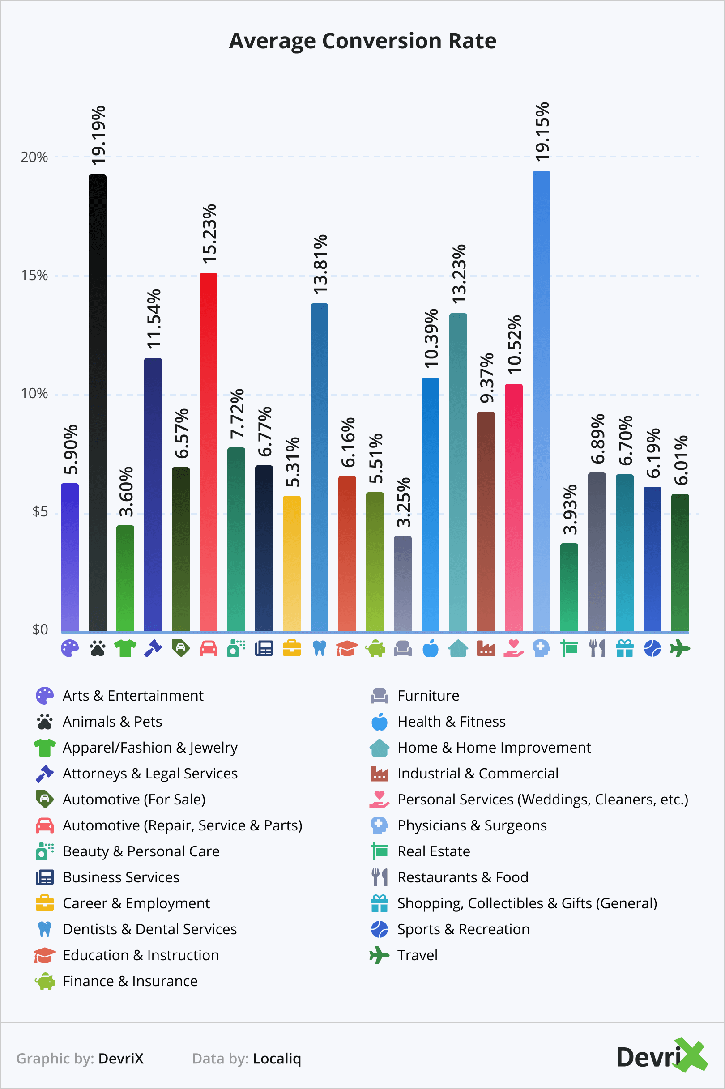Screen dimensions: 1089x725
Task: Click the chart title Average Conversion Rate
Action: pyautogui.click(x=362, y=41)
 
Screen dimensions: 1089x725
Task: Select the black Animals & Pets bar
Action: pyautogui.click(x=98, y=402)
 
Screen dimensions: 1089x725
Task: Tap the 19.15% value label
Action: pyautogui.click(x=542, y=131)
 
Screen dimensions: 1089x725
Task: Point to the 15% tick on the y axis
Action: pyautogui.click(x=34, y=276)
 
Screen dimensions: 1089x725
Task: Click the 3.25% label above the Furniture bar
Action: pyautogui.click(x=403, y=502)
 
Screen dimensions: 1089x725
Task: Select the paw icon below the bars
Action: pyautogui.click(x=98, y=648)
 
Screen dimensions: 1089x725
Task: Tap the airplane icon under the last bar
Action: pyautogui.click(x=680, y=648)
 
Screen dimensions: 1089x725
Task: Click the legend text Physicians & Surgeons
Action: pyautogui.click(x=472, y=825)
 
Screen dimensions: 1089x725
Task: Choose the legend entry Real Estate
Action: pyautogui.click(x=433, y=851)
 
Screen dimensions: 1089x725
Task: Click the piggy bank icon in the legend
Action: pyautogui.click(x=45, y=981)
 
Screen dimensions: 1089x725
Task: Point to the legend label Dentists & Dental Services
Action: pyautogui.click(x=149, y=929)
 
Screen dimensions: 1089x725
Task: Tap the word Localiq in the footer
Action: pyautogui.click(x=277, y=1059)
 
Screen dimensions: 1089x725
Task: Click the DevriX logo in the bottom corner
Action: pyautogui.click(x=661, y=1057)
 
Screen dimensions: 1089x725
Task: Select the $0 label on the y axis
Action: pyautogui.click(x=40, y=630)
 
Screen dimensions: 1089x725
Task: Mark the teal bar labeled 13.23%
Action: pyautogui.click(x=458, y=472)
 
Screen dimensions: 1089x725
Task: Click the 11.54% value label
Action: pyautogui.click(x=154, y=319)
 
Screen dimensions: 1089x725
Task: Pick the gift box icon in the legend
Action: pyautogui.click(x=380, y=903)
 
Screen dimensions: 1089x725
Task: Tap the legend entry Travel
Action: pyautogui.click(x=417, y=955)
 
